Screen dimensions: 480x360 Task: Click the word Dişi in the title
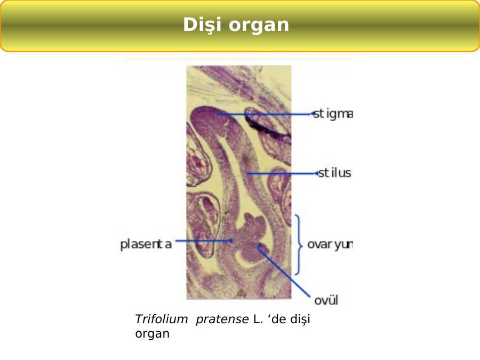click(202, 25)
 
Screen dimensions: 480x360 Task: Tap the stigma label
click(333, 114)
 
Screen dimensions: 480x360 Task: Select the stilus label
click(334, 173)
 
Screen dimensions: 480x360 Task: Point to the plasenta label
click(146, 244)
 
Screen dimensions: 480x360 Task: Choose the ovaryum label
click(330, 245)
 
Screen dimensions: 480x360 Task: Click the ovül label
click(326, 300)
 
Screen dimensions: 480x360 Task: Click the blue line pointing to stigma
click(265, 114)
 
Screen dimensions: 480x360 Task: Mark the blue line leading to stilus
click(282, 173)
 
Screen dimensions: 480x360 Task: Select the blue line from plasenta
click(204, 241)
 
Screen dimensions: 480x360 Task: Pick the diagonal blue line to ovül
click(284, 270)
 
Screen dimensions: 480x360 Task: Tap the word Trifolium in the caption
click(161, 319)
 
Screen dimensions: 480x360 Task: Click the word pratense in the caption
click(222, 319)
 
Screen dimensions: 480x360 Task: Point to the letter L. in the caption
click(258, 319)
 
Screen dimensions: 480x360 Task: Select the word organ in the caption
click(152, 334)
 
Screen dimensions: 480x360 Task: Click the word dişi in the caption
click(300, 319)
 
